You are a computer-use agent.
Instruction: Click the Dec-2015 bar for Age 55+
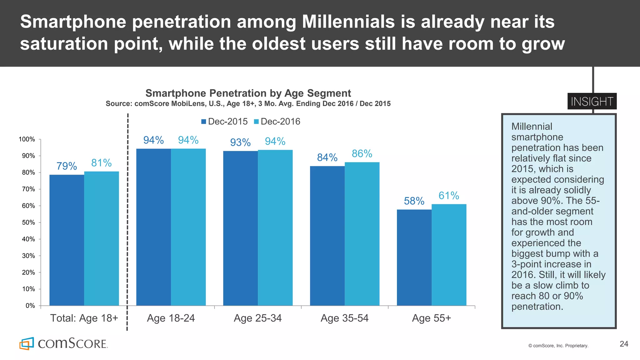(x=414, y=257)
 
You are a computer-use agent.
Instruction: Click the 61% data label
(x=449, y=196)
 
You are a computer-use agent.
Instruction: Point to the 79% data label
(x=67, y=166)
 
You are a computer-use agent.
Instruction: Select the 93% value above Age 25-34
(x=240, y=142)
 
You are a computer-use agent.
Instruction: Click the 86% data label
(x=362, y=153)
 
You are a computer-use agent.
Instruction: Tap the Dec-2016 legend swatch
(x=256, y=122)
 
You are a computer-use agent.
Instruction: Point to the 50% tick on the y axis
(x=28, y=222)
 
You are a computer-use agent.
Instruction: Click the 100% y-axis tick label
(x=27, y=139)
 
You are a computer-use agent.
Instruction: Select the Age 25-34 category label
(x=257, y=318)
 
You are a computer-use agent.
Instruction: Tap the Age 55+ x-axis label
(x=431, y=318)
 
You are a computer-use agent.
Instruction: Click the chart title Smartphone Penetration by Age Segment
(x=248, y=93)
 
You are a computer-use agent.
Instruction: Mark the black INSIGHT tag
(x=592, y=101)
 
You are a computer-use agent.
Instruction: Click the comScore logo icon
(x=27, y=343)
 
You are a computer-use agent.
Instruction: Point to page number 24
(x=624, y=344)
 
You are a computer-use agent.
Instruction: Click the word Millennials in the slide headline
(x=348, y=22)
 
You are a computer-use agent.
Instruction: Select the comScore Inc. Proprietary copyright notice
(x=558, y=346)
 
